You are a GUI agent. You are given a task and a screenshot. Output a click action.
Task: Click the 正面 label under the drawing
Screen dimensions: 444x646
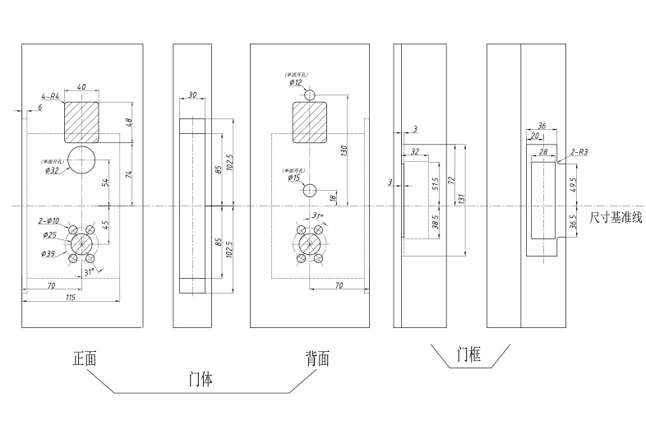click(x=85, y=358)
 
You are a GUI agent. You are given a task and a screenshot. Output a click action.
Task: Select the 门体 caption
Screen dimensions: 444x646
click(x=200, y=380)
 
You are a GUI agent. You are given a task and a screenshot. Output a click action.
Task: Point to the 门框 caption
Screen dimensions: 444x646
click(x=470, y=355)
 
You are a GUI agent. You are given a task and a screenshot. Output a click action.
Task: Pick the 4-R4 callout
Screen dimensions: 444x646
click(x=51, y=97)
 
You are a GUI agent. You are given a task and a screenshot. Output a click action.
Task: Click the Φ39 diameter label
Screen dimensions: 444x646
click(x=50, y=254)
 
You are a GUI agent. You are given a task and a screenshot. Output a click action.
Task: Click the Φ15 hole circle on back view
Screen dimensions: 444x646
click(x=309, y=190)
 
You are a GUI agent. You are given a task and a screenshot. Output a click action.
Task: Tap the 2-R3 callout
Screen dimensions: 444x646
click(x=579, y=152)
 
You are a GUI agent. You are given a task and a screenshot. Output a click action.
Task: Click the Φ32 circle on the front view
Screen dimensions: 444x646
click(x=82, y=160)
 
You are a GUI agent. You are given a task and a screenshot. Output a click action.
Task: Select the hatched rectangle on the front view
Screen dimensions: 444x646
click(x=81, y=121)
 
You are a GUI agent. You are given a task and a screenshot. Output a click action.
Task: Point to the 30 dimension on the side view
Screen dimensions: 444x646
click(x=192, y=95)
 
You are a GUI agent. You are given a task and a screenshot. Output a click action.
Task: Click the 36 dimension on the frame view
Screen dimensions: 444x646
click(x=542, y=126)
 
